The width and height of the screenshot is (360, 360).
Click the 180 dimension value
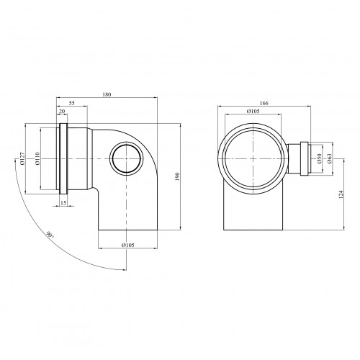pyautogui.click(x=107, y=94)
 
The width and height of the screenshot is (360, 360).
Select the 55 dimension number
pyautogui.click(x=72, y=103)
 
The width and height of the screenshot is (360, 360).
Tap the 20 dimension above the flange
pyautogui.click(x=62, y=111)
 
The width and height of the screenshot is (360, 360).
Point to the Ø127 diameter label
pyautogui.click(x=22, y=158)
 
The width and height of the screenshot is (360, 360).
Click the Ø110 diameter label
pyautogui.click(x=37, y=158)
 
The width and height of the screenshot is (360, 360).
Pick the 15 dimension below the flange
pyautogui.click(x=63, y=203)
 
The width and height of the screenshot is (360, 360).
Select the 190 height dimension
pyautogui.click(x=178, y=176)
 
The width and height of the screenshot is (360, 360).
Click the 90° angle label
pyautogui.click(x=50, y=235)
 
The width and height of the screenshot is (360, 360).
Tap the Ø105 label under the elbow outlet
pyautogui.click(x=128, y=245)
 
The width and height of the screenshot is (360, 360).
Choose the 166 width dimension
pyautogui.click(x=264, y=103)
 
